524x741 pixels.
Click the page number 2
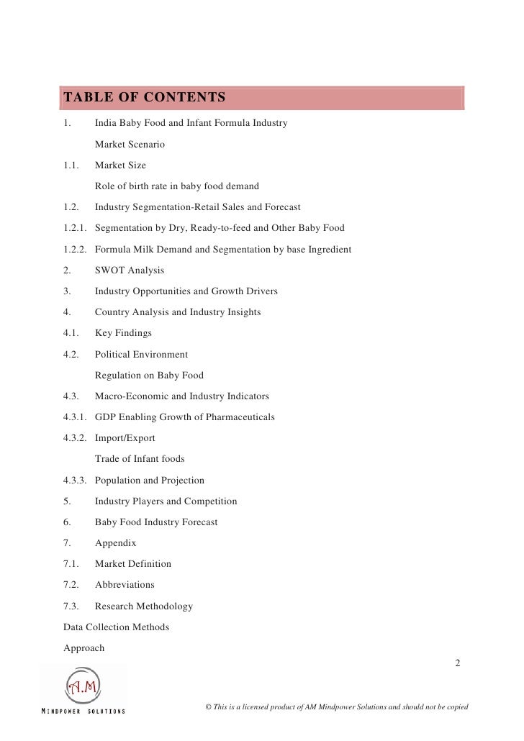pyautogui.click(x=458, y=662)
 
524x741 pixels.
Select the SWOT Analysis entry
pyautogui.click(x=130, y=271)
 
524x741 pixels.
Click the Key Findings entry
pyautogui.click(x=125, y=333)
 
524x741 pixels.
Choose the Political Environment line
pyautogui.click(x=141, y=355)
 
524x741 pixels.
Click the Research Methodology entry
pyautogui.click(x=144, y=606)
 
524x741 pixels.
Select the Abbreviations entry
pyautogui.click(x=125, y=585)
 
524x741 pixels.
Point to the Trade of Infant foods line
pyautogui.click(x=140, y=459)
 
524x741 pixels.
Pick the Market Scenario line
pyautogui.click(x=130, y=145)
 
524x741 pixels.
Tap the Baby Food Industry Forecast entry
pyautogui.click(x=156, y=522)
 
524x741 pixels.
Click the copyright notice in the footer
pyautogui.click(x=337, y=707)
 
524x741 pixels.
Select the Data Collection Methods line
pyautogui.click(x=117, y=627)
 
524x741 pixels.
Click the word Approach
pyautogui.click(x=84, y=648)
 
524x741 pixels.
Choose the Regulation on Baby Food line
pyautogui.click(x=149, y=376)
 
